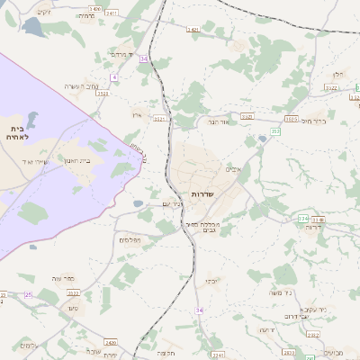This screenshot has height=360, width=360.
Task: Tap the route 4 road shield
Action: (115, 78)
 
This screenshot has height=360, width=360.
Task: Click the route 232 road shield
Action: (275, 131)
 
